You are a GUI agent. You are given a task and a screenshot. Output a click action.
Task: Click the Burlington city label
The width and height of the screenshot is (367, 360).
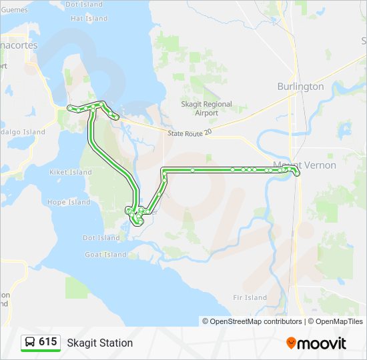300,87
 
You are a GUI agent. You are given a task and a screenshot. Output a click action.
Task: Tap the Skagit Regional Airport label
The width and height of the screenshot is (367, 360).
207,109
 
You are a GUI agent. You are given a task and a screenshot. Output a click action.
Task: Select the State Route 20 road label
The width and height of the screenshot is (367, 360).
190,133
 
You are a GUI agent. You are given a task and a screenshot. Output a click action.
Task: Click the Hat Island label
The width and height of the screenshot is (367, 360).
88,19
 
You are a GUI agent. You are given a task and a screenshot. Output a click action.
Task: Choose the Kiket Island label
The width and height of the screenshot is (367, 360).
71,172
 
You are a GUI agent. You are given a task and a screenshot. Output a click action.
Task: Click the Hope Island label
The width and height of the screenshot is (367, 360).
69,202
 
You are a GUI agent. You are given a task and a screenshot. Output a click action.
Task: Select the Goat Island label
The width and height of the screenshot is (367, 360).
105,255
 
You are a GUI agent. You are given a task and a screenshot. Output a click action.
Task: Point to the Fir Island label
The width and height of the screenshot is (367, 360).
250,298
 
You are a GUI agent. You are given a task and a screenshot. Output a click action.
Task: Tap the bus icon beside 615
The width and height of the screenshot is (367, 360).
30,343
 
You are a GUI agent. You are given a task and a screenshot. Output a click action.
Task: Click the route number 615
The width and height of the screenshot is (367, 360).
47,342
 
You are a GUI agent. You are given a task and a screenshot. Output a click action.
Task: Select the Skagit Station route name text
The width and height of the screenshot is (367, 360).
99,343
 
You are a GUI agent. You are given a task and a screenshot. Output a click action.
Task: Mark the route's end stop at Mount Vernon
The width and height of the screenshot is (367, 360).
297,173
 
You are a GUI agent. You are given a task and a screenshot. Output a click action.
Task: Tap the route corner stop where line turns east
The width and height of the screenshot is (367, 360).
163,171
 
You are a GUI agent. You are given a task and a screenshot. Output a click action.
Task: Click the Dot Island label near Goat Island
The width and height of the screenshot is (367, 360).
101,238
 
